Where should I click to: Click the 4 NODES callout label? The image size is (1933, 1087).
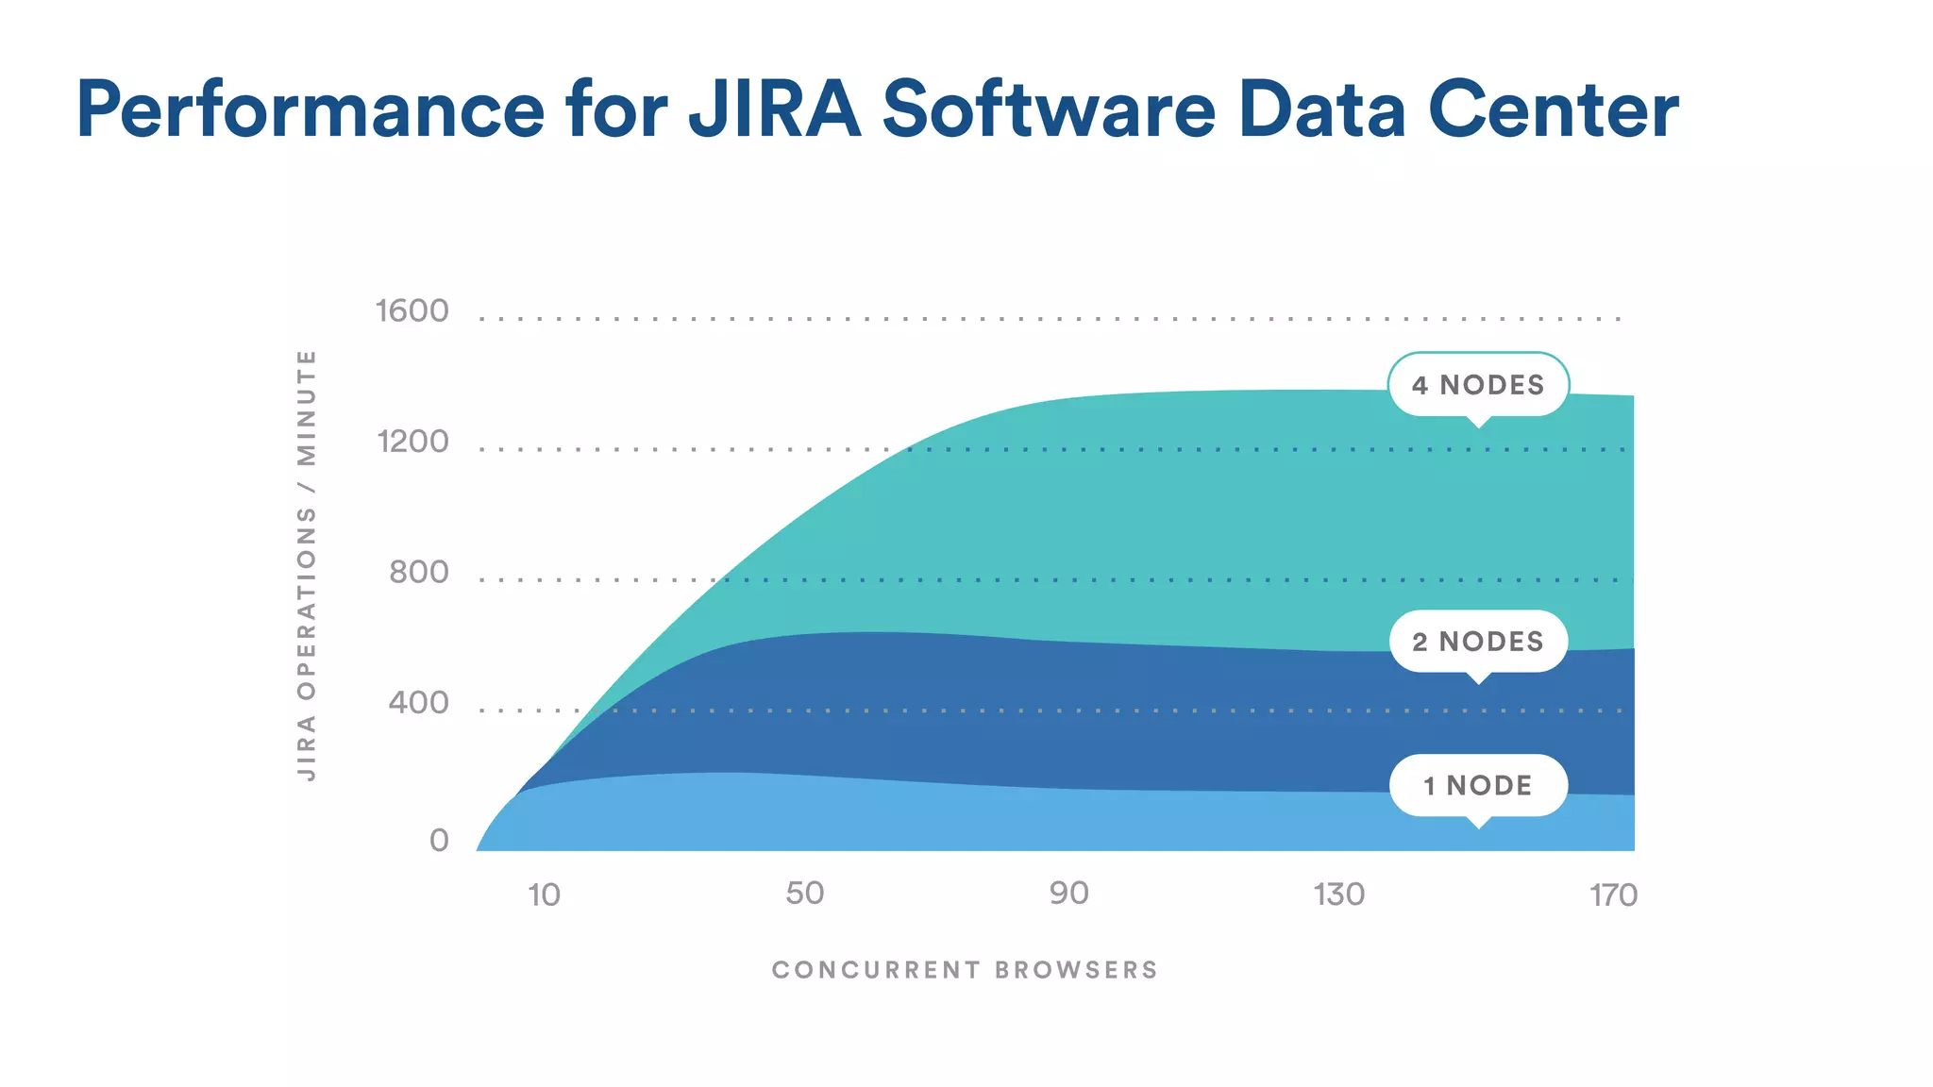(1478, 385)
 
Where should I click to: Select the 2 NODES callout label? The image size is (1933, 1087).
(1478, 642)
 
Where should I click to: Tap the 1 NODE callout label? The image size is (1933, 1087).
(1478, 785)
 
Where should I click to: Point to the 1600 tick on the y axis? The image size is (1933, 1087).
(412, 311)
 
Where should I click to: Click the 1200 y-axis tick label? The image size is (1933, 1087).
(412, 442)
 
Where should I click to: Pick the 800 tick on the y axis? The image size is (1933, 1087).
(419, 572)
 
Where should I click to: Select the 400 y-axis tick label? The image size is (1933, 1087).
(419, 703)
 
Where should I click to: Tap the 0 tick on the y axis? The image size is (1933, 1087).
(439, 840)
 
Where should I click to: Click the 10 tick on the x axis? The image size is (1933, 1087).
(544, 895)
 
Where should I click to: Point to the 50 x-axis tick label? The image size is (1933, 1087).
(805, 894)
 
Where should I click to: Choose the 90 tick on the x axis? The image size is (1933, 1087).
(1069, 894)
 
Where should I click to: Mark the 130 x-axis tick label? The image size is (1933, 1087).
(1339, 895)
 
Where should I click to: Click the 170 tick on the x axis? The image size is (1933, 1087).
(1613, 895)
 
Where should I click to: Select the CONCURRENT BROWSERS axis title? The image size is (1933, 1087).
(965, 970)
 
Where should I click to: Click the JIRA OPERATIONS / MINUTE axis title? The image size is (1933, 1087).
(307, 564)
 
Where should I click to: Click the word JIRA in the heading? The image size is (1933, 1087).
(774, 109)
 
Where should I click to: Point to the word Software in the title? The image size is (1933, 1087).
(1048, 109)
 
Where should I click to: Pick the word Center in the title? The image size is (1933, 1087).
(1553, 109)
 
